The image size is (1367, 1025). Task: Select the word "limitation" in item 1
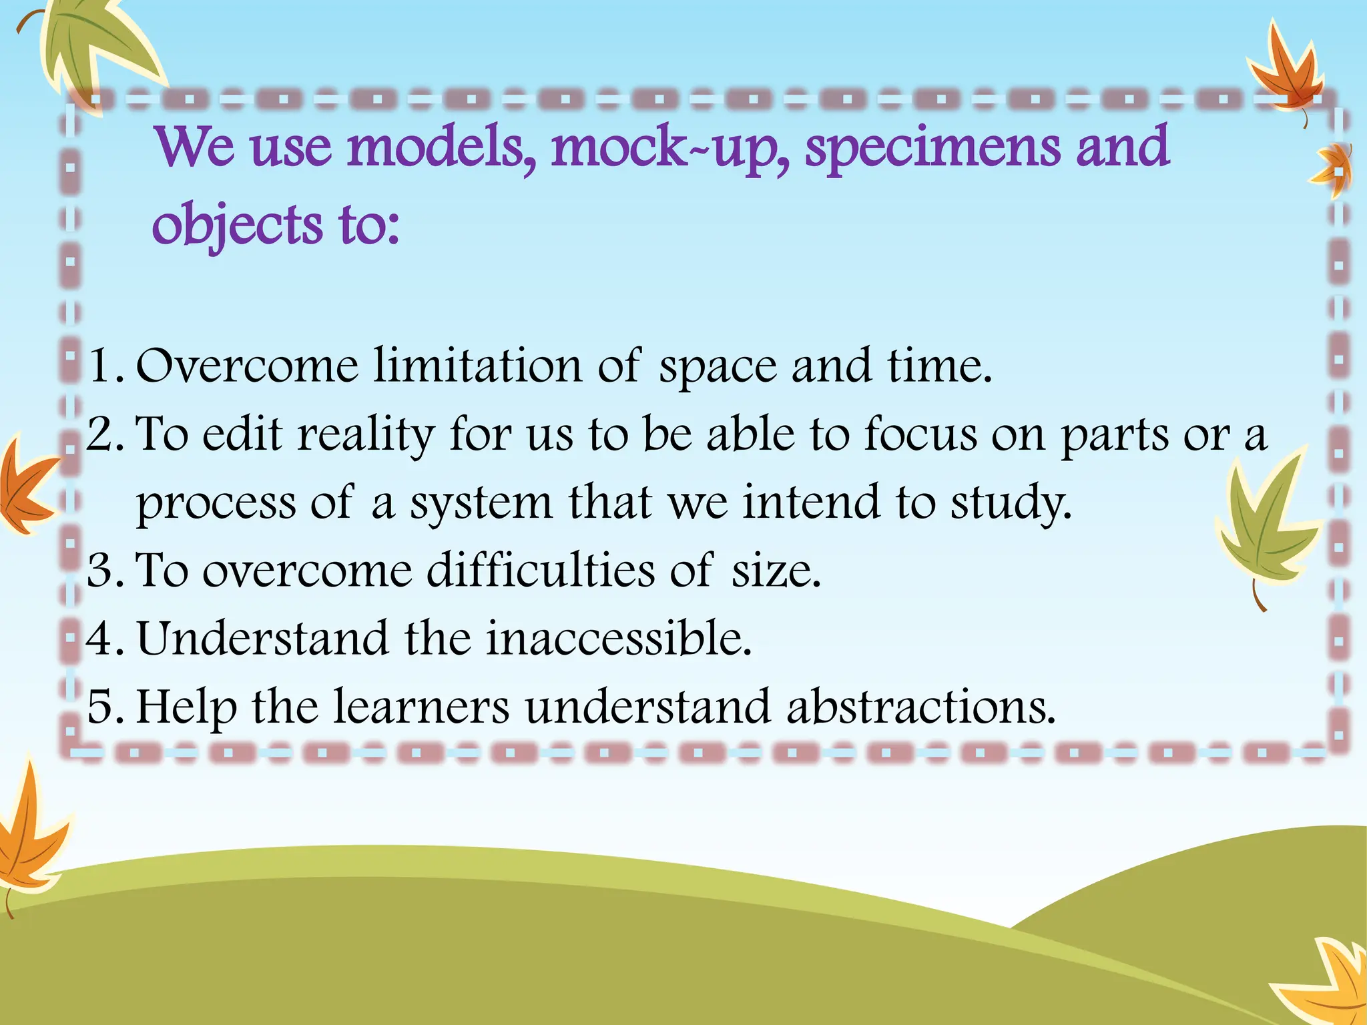pos(477,366)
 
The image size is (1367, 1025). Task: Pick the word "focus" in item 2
pos(920,434)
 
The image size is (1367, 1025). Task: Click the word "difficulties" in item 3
pos(541,571)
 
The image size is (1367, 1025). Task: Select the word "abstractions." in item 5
pos(920,707)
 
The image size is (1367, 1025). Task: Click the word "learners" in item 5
pos(421,707)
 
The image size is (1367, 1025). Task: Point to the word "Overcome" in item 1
pos(247,366)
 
